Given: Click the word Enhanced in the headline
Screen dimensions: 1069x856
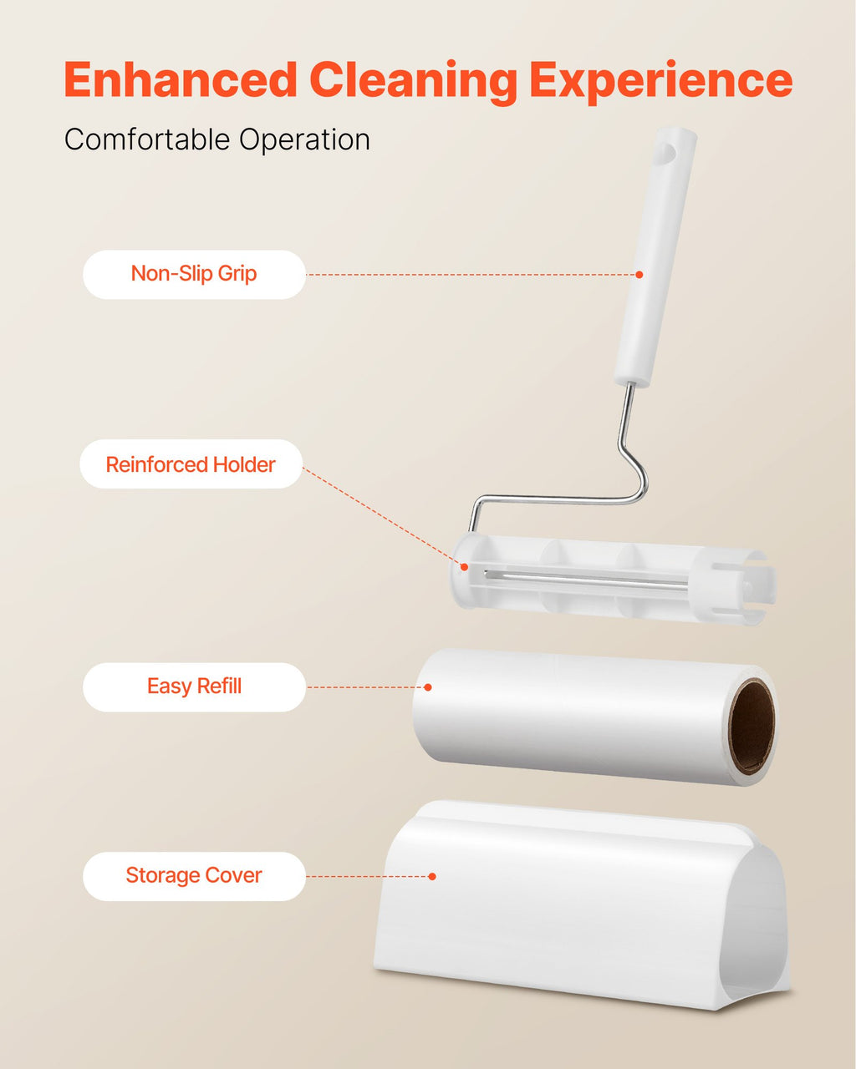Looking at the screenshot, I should point(180,81).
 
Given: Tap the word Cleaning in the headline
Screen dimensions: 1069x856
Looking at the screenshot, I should point(414,81).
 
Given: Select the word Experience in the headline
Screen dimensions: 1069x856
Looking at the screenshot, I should point(660,81).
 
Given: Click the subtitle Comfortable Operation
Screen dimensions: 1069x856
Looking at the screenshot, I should point(217,139).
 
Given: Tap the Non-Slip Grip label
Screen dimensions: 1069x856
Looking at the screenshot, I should point(194,274).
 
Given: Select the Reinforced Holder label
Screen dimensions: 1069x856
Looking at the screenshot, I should point(191,464).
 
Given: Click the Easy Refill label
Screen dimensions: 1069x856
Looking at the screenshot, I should point(194,686).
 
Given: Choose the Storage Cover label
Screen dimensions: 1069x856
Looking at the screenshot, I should point(194,875).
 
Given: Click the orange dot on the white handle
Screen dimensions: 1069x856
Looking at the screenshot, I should point(639,275).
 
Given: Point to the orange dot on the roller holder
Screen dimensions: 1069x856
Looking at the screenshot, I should point(464,567).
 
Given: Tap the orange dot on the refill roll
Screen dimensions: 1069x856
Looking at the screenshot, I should point(428,687).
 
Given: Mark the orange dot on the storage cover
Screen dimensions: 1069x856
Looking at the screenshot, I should point(432,876).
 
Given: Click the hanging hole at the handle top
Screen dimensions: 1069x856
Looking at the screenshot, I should point(665,152).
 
